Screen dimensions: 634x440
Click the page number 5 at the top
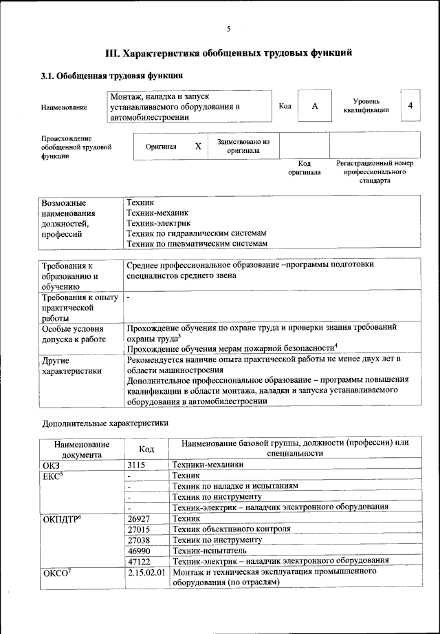click(x=228, y=28)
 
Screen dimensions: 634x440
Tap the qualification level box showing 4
click(x=410, y=105)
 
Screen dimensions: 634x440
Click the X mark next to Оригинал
click(x=198, y=147)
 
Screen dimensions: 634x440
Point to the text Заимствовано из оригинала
click(x=243, y=146)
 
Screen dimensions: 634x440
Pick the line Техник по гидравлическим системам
click(x=197, y=233)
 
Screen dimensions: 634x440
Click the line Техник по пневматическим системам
click(x=196, y=244)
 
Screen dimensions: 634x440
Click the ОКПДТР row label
click(x=62, y=518)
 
